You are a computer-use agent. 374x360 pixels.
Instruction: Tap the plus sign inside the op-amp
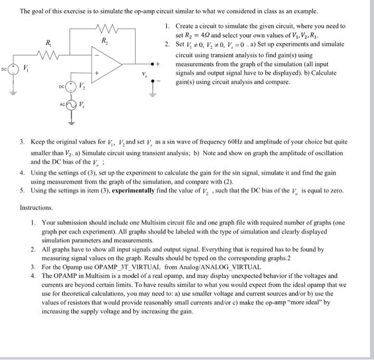click(97, 72)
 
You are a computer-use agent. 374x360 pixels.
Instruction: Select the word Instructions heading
click(36, 207)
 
